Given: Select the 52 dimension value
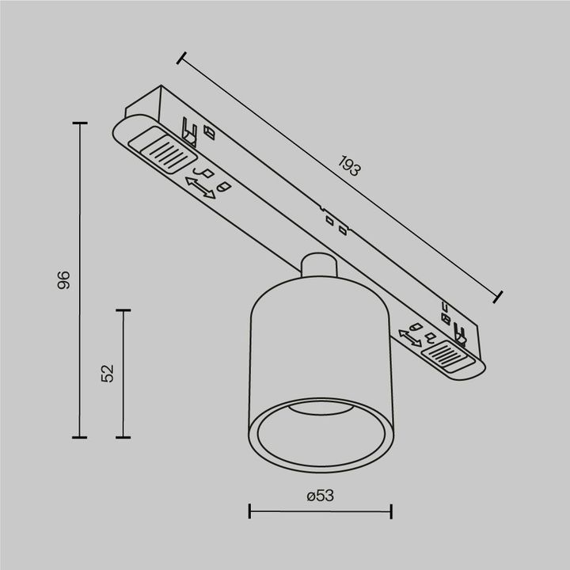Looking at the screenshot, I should (x=108, y=373).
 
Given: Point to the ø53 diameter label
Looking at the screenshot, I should (x=320, y=496).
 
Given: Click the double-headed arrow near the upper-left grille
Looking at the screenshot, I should (x=200, y=188).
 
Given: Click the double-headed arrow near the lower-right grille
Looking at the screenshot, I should (x=410, y=337).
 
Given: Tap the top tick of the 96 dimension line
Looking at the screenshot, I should (x=79, y=123).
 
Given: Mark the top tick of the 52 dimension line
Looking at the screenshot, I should (x=123, y=311).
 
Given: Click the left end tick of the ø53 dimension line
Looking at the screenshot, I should (x=249, y=511).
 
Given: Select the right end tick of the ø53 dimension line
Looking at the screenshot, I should (x=392, y=511).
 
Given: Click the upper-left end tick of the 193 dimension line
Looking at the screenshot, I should (x=182, y=58).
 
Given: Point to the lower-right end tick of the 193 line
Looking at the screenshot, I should (x=499, y=297).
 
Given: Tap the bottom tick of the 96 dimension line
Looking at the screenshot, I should (x=79, y=436).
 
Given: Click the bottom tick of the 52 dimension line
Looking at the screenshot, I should (x=123, y=436).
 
